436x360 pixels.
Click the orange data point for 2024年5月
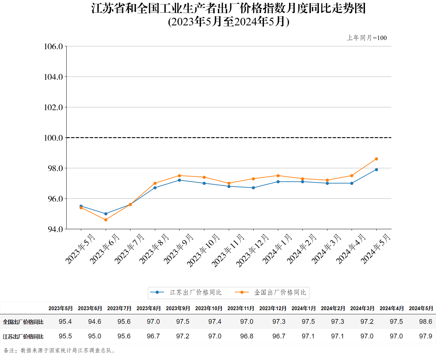[x=376, y=159]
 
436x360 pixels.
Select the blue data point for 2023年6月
[x=106, y=214]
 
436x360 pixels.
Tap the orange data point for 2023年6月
[x=106, y=220]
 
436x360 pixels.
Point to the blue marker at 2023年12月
[x=253, y=188]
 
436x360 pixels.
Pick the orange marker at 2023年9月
[x=179, y=176]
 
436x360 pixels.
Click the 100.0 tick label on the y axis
[x=53, y=138]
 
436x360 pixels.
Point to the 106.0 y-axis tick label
[x=53, y=47]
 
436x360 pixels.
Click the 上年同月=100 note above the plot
[x=367, y=38]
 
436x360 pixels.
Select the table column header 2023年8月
[x=149, y=308]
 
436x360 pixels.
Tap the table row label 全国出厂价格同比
[x=23, y=322]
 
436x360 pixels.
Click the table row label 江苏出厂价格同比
[x=23, y=337]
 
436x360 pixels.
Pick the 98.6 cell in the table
[x=426, y=322]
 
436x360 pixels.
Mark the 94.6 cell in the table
[x=95, y=322]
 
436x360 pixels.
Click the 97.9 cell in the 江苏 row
[x=426, y=336]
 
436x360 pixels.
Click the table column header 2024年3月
[x=362, y=308]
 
